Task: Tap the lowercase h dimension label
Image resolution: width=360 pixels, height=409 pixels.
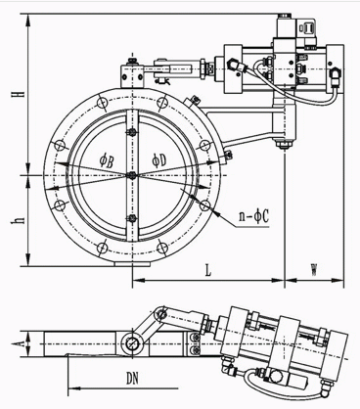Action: [x=21, y=220]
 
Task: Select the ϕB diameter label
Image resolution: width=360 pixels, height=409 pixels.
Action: [x=107, y=160]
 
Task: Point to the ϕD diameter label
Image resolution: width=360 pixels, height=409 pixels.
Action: [x=158, y=159]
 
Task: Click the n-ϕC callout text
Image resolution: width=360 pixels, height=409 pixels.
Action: [x=253, y=216]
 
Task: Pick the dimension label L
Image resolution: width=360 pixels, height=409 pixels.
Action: [x=208, y=270]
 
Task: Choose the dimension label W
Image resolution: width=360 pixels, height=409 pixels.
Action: [x=313, y=270]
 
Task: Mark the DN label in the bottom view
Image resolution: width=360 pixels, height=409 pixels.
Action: [x=132, y=379]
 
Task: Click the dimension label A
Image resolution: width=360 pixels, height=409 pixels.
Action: [x=21, y=344]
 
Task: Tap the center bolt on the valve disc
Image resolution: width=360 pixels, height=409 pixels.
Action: [x=132, y=175]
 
